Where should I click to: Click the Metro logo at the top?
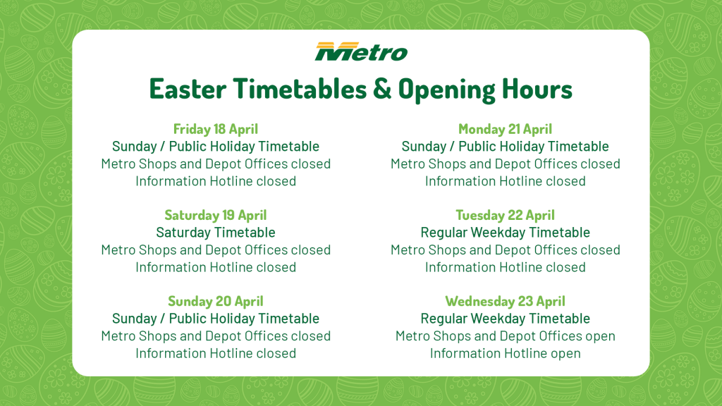point(362,51)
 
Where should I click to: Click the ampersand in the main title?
point(381,88)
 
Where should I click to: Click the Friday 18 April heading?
point(216,129)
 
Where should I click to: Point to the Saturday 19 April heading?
point(216,215)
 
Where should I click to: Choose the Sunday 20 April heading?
point(216,301)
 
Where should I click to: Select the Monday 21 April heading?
point(505,129)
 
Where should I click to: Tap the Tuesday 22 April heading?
point(505,215)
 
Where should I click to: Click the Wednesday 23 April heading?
point(505,301)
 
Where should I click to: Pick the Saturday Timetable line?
point(216,233)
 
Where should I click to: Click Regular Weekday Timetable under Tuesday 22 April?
point(505,233)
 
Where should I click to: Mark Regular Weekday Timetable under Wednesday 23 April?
point(505,319)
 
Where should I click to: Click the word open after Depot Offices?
point(599,336)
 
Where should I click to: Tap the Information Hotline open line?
point(505,354)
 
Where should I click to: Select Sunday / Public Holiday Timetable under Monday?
point(505,147)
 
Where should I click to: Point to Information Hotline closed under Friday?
point(216,181)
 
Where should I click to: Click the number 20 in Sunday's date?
point(224,301)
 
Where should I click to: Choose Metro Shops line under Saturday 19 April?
point(216,250)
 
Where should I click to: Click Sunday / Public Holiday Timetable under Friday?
point(216,147)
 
